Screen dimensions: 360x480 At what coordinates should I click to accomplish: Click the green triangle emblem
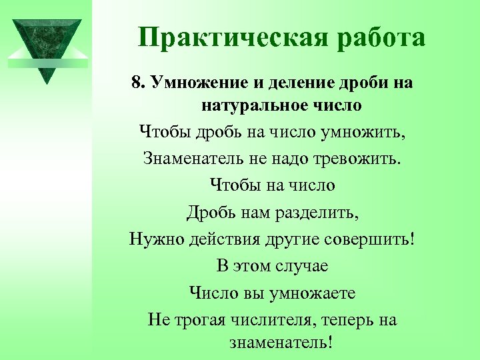tap(46, 45)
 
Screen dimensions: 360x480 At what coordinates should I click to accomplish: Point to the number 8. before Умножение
tap(139, 83)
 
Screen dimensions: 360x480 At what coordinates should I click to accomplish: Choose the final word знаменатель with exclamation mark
tap(280, 343)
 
